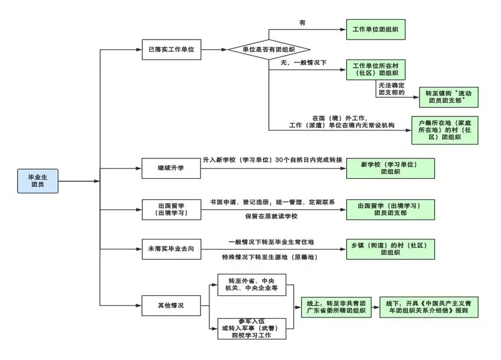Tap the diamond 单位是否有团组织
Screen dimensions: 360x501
(x=268, y=49)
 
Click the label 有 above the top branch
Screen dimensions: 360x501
(x=302, y=23)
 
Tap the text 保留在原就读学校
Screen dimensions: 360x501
(x=271, y=216)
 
